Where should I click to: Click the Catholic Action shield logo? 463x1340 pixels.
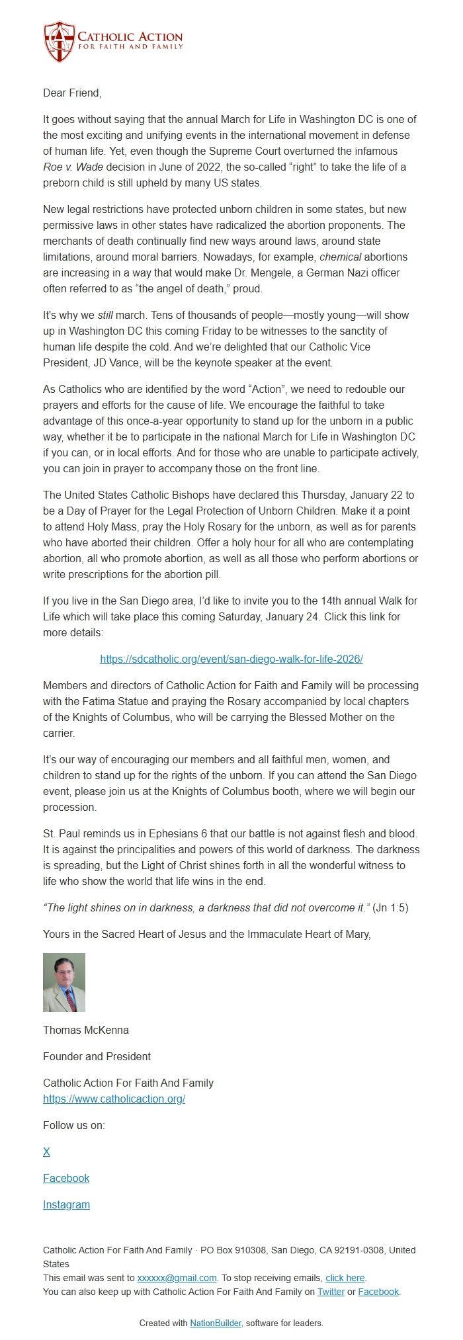(x=58, y=41)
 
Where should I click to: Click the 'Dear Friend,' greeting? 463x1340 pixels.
(x=72, y=93)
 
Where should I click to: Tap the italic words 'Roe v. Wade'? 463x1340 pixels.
(x=73, y=167)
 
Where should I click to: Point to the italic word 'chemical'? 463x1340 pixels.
(x=340, y=257)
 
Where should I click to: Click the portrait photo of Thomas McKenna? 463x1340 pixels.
(x=64, y=982)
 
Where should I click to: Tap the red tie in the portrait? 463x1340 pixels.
(x=69, y=999)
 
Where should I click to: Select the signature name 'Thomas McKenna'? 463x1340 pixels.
(x=86, y=1030)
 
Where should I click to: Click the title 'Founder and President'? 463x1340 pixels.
(x=97, y=1056)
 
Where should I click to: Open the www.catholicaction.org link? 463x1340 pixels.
(x=114, y=1099)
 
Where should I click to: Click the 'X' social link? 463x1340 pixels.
(x=46, y=1152)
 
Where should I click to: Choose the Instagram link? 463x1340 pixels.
(x=66, y=1204)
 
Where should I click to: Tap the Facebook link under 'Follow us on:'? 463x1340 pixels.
(x=66, y=1178)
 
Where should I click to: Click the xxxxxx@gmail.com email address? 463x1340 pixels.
(x=177, y=1278)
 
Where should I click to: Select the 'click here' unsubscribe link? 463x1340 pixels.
(x=345, y=1278)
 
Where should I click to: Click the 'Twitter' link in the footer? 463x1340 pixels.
(x=331, y=1291)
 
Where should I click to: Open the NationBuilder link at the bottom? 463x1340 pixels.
(x=215, y=1323)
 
